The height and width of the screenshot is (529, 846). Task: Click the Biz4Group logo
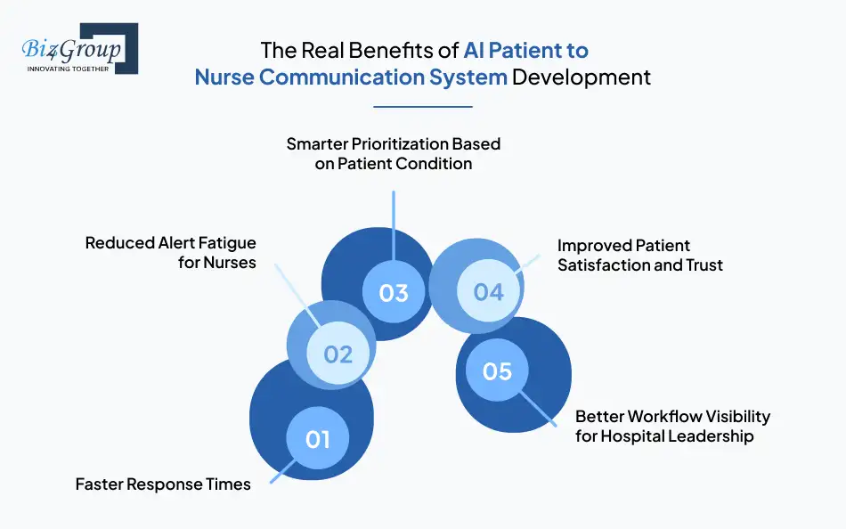pyautogui.click(x=76, y=49)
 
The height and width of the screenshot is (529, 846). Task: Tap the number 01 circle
pyautogui.click(x=318, y=438)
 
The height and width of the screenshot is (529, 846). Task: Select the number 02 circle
pyautogui.click(x=338, y=354)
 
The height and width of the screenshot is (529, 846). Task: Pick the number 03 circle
pyautogui.click(x=394, y=292)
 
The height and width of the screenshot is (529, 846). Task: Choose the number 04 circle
pyautogui.click(x=489, y=291)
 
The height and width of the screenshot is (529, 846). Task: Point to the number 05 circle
pyautogui.click(x=497, y=370)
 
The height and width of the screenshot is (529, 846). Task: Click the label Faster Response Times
pyautogui.click(x=163, y=484)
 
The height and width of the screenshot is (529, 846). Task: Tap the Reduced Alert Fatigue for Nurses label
pyautogui.click(x=170, y=252)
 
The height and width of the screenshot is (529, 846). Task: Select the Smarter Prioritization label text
pyautogui.click(x=394, y=153)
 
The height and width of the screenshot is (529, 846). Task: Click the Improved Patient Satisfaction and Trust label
pyautogui.click(x=639, y=255)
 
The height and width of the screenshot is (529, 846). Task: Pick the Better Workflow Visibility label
pyautogui.click(x=672, y=426)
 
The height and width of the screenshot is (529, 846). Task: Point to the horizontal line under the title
pyautogui.click(x=422, y=107)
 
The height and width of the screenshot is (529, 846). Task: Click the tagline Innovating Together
pyautogui.click(x=69, y=68)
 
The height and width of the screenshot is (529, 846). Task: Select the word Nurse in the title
pyautogui.click(x=224, y=77)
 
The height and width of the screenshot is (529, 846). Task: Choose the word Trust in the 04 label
pyautogui.click(x=704, y=264)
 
